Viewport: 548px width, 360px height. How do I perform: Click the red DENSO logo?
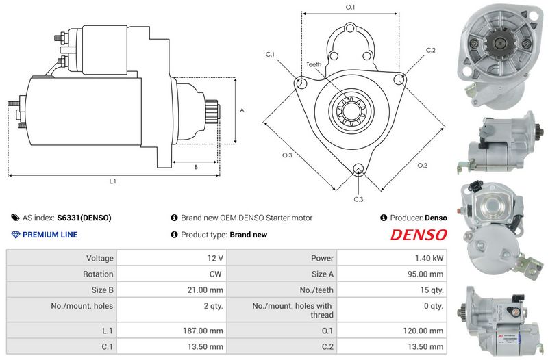point(419,235)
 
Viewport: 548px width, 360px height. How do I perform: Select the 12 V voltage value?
point(215,259)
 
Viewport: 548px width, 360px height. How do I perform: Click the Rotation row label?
point(99,274)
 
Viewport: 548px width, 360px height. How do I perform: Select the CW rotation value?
point(217,274)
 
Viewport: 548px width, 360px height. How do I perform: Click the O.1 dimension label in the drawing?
point(350,8)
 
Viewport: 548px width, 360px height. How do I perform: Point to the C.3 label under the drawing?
point(358,199)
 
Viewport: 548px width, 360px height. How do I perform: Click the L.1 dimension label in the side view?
point(113,181)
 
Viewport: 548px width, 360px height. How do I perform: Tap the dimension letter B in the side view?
point(196,166)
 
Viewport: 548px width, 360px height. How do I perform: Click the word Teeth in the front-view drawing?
point(314,64)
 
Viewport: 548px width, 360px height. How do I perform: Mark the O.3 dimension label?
point(287,155)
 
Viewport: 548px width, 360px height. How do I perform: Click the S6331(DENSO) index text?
point(84,218)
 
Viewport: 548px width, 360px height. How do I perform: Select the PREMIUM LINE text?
point(50,235)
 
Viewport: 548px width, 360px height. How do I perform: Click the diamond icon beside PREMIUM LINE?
point(16,235)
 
